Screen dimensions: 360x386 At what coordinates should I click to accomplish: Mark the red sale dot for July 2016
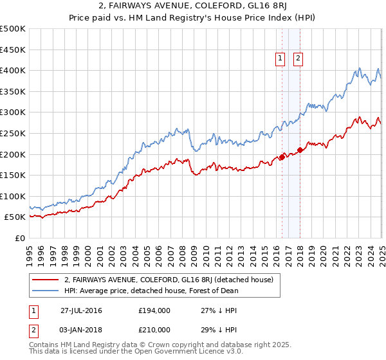click(x=282, y=157)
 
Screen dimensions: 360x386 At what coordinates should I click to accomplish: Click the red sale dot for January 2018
click(x=299, y=150)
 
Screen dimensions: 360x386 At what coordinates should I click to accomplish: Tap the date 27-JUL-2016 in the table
click(x=81, y=310)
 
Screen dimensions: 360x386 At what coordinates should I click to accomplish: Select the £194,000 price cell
click(x=154, y=310)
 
